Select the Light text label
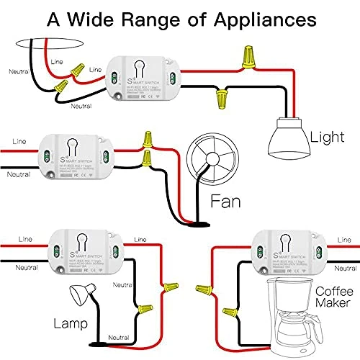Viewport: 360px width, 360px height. pos(326,136)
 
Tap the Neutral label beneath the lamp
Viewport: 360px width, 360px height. pos(119,337)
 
